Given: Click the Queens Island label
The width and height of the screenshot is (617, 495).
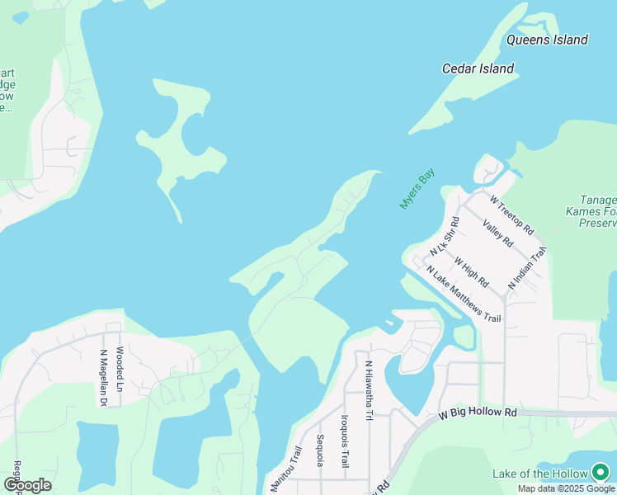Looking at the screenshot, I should [547, 40].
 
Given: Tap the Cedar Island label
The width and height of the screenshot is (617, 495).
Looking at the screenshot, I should [478, 69].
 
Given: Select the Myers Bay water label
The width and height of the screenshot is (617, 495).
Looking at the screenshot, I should [417, 189].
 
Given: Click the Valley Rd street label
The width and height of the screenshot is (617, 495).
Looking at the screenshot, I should [498, 233].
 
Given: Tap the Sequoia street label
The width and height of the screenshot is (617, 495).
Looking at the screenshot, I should [320, 450].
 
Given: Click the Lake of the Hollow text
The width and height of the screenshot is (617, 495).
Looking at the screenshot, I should [539, 474].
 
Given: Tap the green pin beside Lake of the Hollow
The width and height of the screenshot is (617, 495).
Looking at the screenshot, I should [601, 473].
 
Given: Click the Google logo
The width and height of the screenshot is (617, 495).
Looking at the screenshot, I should [27, 484].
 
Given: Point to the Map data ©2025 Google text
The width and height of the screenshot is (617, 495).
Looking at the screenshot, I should [567, 488].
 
